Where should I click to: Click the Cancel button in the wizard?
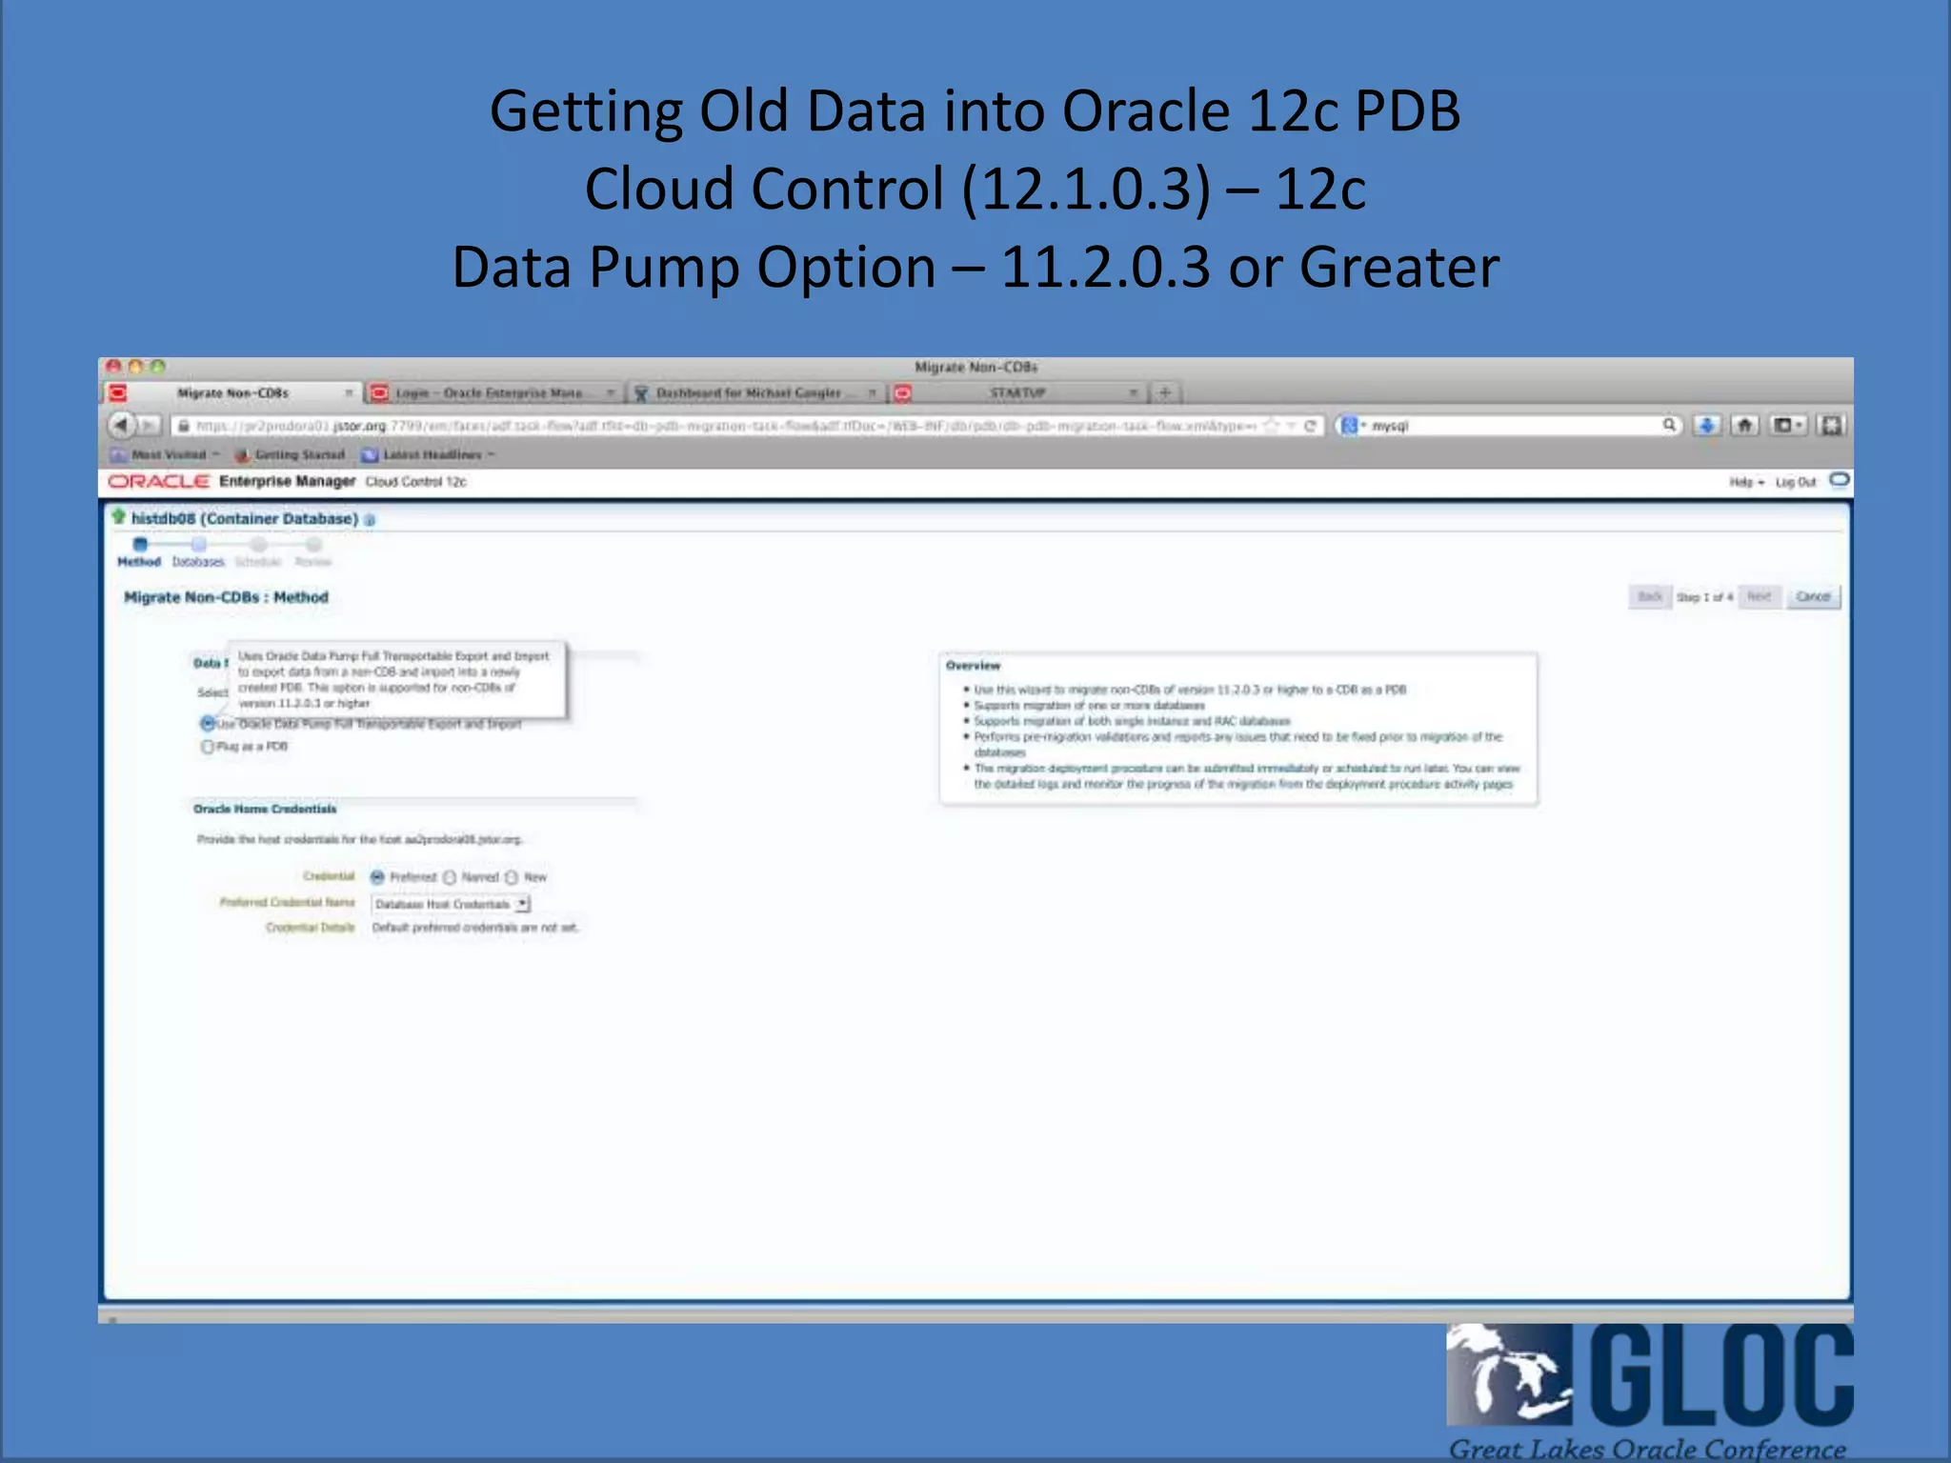pos(1812,597)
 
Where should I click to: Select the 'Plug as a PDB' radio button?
pos(208,747)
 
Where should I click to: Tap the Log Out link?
pos(1796,482)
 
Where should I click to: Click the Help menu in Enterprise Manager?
pos(1744,482)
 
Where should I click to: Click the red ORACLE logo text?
pos(158,482)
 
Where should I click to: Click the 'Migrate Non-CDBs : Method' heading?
pos(226,597)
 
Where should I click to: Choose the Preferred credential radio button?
pos(377,877)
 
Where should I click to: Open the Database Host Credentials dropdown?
pos(522,904)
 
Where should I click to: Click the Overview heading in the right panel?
pos(973,666)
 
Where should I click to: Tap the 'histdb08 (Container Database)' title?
pos(244,519)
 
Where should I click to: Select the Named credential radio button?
pos(450,877)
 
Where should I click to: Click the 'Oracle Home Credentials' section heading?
pos(265,809)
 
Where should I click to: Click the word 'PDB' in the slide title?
pos(1407,110)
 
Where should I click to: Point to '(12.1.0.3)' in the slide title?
pos(1086,189)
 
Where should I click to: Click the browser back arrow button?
pos(121,425)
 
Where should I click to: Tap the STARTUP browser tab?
pos(1016,392)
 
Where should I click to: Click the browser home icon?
pos(1744,426)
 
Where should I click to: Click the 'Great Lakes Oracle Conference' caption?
pos(1647,1449)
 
